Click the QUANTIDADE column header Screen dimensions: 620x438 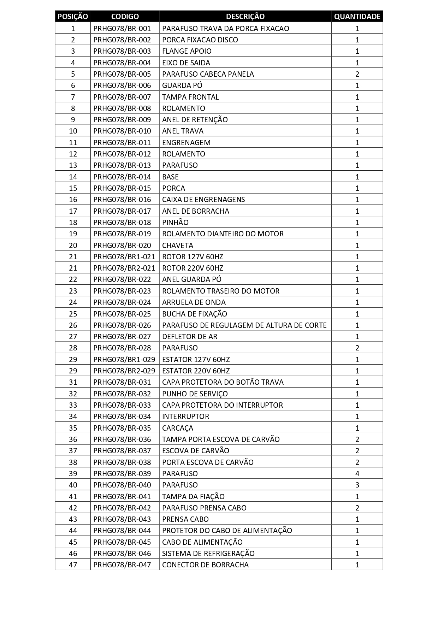click(x=357, y=17)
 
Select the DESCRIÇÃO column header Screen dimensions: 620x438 click(x=245, y=17)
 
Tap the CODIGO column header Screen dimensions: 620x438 click(x=125, y=17)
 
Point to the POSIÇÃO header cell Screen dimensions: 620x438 click(x=73, y=17)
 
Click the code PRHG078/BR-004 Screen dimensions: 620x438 click(x=122, y=63)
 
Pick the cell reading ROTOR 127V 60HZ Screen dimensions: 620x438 click(x=193, y=257)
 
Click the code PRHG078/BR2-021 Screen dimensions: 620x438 click(x=124, y=268)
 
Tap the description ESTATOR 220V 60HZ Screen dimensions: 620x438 click(x=196, y=371)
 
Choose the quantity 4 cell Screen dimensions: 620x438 click(x=357, y=474)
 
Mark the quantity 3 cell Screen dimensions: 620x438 click(x=357, y=485)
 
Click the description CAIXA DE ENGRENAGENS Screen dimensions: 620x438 click(x=203, y=200)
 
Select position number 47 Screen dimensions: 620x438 click(x=73, y=565)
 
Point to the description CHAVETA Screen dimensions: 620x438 click(x=178, y=246)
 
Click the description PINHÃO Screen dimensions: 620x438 click(x=175, y=223)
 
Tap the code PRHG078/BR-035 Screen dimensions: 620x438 click(x=122, y=428)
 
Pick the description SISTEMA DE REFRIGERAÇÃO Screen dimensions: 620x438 click(x=208, y=554)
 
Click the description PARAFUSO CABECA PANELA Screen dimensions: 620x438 click(x=208, y=74)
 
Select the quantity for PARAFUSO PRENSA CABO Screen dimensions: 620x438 click(x=357, y=508)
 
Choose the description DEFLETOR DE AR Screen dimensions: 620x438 click(x=190, y=337)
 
